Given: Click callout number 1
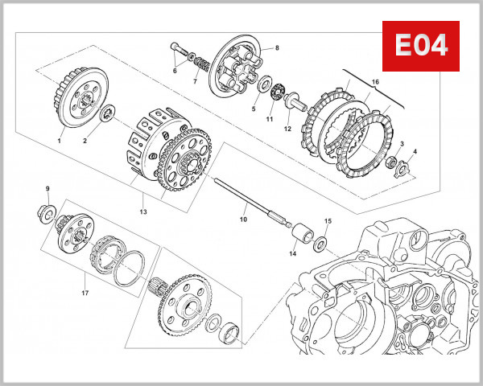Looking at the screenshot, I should point(59,140).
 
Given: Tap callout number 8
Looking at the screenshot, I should point(276,47).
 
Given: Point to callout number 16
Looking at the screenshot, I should point(375,82).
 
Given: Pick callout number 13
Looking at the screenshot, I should point(144,211).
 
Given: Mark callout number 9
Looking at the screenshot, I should point(47,189).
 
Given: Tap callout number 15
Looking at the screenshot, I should point(328,220).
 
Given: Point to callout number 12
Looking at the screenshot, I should point(287,129).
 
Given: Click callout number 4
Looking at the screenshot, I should point(415,151).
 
